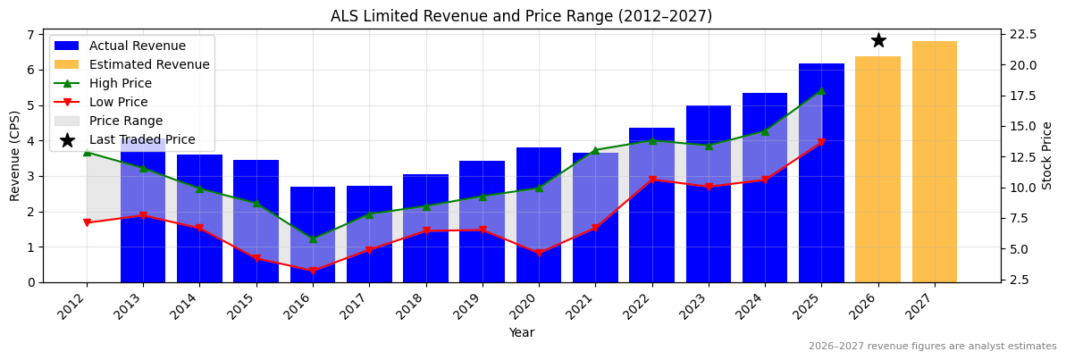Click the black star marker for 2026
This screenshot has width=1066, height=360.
[x=878, y=40]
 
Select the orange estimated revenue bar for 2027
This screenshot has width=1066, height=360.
[x=935, y=162]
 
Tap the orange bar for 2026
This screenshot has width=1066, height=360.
[x=878, y=169]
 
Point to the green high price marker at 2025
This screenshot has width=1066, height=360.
[x=821, y=90]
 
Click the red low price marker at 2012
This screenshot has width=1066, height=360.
[x=87, y=222]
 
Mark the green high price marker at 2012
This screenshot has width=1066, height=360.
[x=87, y=152]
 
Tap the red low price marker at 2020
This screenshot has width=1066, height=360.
[x=539, y=253]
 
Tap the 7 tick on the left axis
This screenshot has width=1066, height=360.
[x=30, y=35]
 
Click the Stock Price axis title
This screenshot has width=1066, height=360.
[x=1047, y=155]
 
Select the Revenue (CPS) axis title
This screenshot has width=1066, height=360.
[x=15, y=155]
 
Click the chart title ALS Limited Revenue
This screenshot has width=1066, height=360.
[x=521, y=16]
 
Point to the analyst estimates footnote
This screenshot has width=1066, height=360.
[x=932, y=347]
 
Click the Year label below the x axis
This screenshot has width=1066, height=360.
[x=521, y=332]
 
